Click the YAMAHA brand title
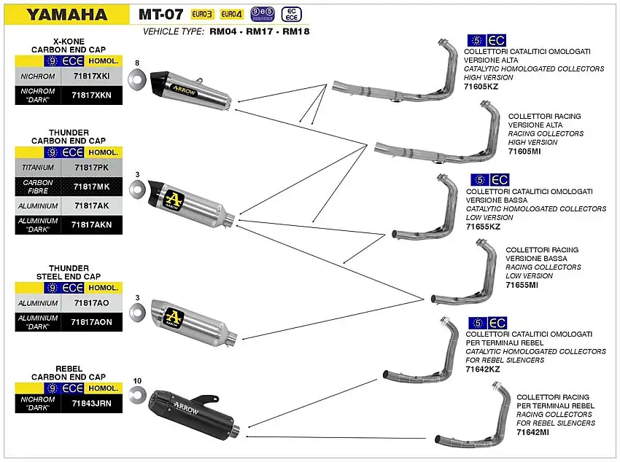point(66,14)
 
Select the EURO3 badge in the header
point(202,14)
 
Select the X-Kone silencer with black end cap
point(192,88)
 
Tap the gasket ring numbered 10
point(136,396)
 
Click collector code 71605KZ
point(482,86)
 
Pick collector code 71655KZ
point(484,227)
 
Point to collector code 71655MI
point(522,285)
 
